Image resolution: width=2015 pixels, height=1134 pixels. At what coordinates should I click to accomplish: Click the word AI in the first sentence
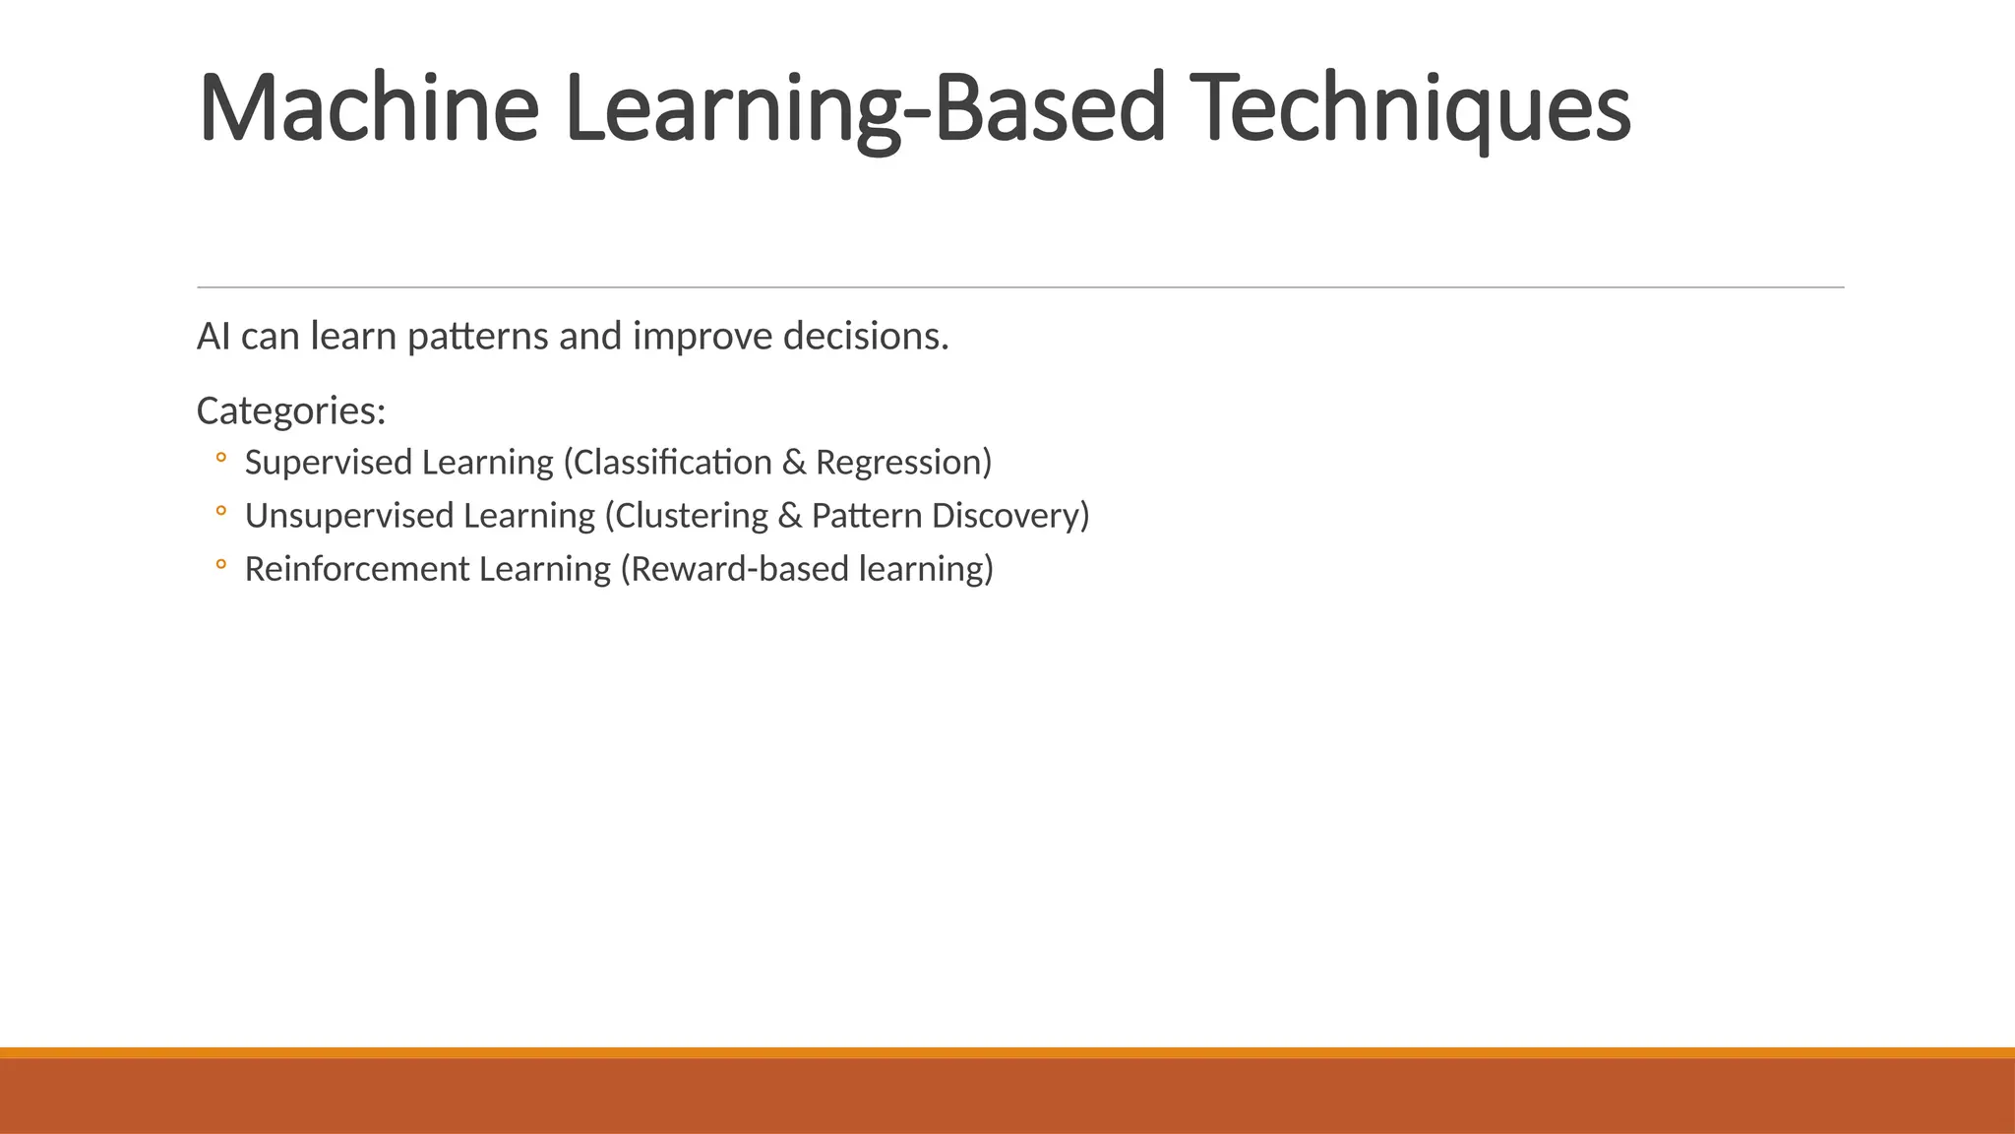214,337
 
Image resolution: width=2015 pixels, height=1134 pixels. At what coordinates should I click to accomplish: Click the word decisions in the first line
865,337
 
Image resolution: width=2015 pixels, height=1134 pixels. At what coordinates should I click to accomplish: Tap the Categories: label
290,410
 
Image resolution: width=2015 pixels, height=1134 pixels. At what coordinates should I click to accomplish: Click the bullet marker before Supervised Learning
220,458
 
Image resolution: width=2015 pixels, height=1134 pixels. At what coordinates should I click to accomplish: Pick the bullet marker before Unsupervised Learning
220,511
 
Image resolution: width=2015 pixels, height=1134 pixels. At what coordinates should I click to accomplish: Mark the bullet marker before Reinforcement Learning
220,564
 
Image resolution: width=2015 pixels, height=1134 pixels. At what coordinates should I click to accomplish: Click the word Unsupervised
348,516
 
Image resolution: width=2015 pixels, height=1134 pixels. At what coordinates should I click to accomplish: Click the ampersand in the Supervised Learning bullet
793,463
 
